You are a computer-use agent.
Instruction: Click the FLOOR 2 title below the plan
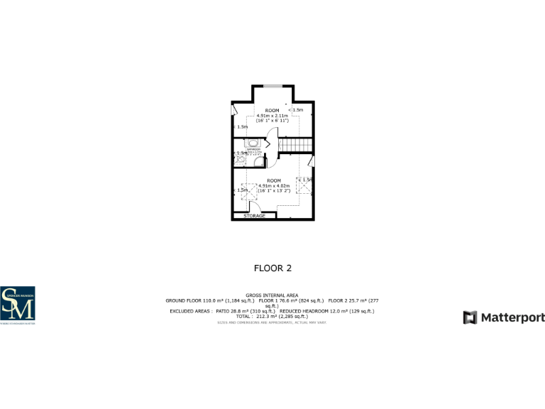272,268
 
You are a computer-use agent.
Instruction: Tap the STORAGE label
254,215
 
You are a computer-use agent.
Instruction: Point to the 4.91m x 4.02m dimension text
274,186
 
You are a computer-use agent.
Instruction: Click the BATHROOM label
254,149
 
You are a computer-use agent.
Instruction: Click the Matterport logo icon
470,317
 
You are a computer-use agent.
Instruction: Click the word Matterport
513,317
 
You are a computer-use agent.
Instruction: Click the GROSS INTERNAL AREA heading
272,295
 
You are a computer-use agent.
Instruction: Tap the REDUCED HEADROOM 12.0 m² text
327,311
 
